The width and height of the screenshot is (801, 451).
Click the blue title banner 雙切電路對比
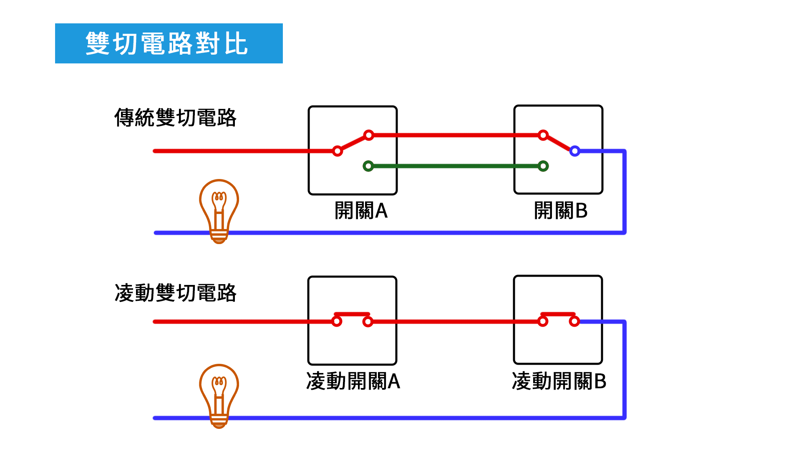click(x=169, y=43)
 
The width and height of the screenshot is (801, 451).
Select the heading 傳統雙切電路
click(x=175, y=118)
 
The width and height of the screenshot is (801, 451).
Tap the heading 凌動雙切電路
click(x=175, y=293)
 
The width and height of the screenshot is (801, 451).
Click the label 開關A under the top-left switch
click(x=361, y=211)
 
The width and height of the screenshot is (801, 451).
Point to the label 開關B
click(x=561, y=211)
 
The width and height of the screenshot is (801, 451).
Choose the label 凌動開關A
click(x=353, y=381)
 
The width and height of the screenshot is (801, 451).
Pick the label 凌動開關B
click(x=559, y=381)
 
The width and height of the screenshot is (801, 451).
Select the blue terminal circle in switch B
click(x=574, y=151)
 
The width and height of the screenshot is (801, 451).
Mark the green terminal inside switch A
click(x=368, y=166)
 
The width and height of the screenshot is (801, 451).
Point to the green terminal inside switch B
click(x=543, y=166)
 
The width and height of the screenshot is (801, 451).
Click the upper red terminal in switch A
click(x=368, y=135)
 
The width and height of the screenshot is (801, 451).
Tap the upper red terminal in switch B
click(x=543, y=135)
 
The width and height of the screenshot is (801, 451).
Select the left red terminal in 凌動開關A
click(x=337, y=321)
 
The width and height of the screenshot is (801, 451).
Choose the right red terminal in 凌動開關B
click(x=574, y=321)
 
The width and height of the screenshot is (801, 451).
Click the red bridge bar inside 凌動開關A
click(x=352, y=314)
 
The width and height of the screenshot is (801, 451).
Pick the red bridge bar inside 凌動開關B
click(x=558, y=314)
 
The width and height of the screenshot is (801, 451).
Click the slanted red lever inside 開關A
click(x=353, y=143)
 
